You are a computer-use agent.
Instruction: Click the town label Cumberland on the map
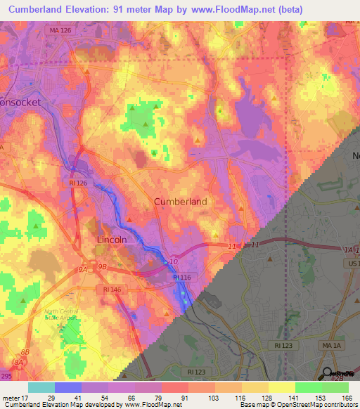point(180,202)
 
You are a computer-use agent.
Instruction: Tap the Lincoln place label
point(111,240)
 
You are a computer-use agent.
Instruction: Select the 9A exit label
point(82,268)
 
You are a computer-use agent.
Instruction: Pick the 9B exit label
point(102,267)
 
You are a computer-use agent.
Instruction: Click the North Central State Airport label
point(60,313)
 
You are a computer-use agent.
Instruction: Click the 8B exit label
point(26,352)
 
